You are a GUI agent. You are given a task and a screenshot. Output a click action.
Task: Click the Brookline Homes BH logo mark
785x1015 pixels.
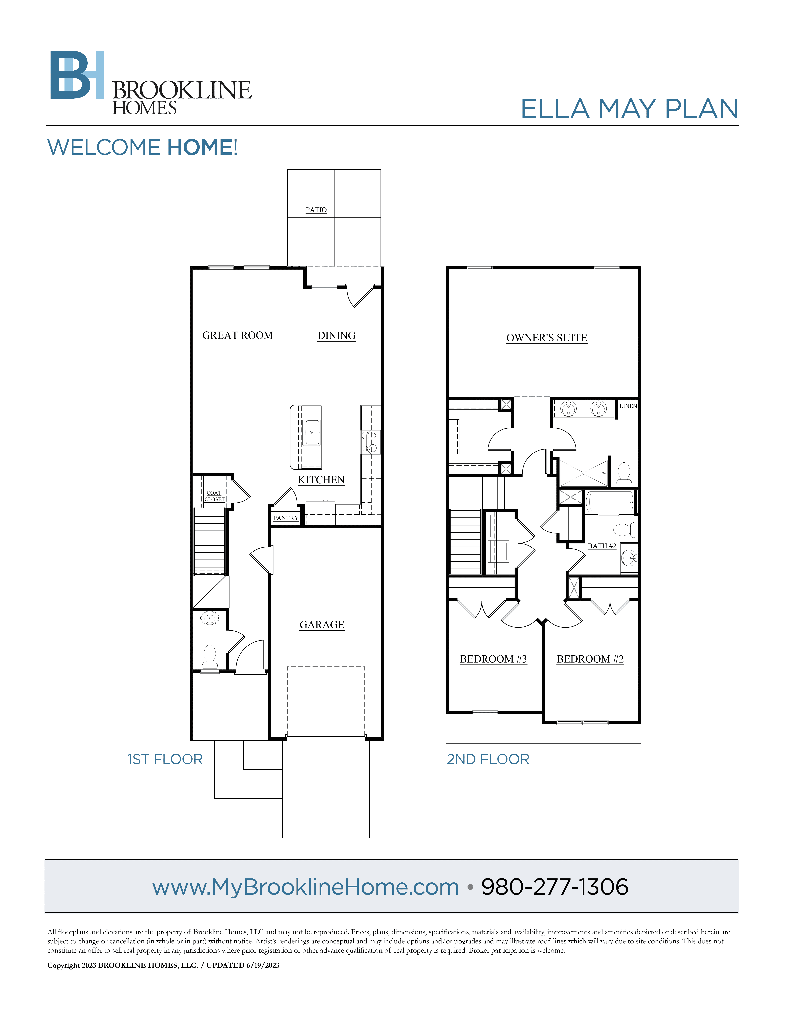(x=77, y=75)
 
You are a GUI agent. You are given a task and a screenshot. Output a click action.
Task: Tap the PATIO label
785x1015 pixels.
(x=316, y=210)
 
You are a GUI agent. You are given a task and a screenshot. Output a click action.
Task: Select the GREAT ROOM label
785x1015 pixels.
(x=238, y=336)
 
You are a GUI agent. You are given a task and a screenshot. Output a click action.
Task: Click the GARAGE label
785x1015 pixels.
(x=322, y=625)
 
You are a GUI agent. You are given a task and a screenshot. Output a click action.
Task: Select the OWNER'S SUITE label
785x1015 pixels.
(x=547, y=338)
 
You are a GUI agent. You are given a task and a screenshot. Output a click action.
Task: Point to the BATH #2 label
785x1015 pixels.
(x=602, y=546)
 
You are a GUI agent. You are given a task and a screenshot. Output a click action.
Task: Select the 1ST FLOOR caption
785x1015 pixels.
(x=165, y=759)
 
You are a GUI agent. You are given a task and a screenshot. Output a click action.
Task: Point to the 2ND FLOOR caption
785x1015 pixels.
(x=488, y=759)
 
